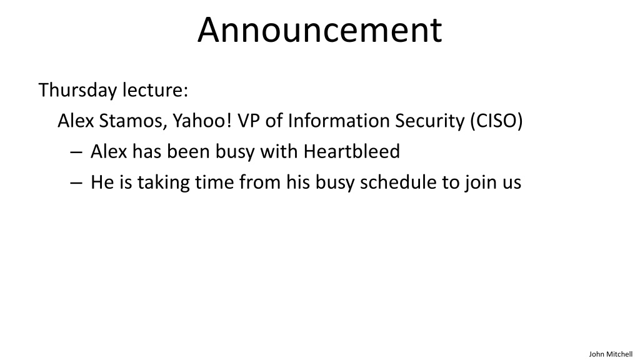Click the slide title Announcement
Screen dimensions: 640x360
click(x=319, y=29)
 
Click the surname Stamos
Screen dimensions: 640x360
click(x=133, y=121)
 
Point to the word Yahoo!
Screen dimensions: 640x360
click(x=202, y=121)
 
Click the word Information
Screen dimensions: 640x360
click(x=338, y=121)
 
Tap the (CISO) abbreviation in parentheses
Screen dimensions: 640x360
click(x=496, y=121)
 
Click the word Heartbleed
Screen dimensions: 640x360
click(x=351, y=151)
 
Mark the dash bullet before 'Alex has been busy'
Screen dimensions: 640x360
click(x=76, y=152)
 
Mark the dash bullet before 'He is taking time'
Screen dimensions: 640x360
click(x=76, y=183)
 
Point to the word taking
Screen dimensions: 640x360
click(x=163, y=182)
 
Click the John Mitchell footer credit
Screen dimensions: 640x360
click(x=611, y=354)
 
